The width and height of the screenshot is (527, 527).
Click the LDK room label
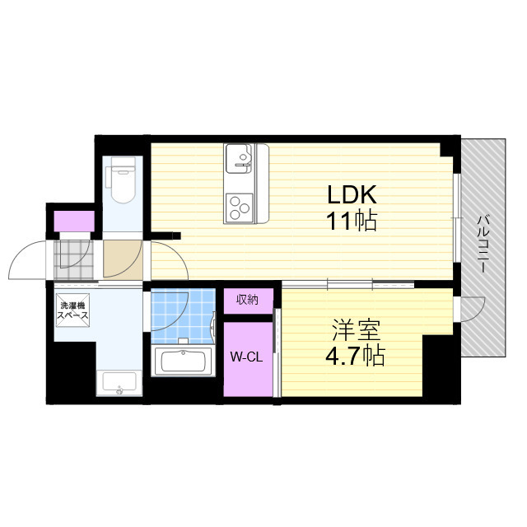point(352,194)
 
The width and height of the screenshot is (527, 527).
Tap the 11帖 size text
point(351,220)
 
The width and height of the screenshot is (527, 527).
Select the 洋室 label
point(357,329)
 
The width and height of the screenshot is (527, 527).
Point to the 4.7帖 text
point(355,356)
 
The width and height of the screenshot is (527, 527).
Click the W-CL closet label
point(246,357)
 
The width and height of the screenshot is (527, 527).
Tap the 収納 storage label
point(247,299)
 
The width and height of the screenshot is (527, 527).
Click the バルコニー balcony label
point(483,245)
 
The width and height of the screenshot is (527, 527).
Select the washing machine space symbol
point(72,310)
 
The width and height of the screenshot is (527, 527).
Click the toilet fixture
point(121,180)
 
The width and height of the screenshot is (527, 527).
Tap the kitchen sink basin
point(239,158)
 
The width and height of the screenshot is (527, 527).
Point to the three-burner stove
point(239,208)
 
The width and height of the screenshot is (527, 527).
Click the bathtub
point(183,361)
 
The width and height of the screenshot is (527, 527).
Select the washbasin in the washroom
point(119,384)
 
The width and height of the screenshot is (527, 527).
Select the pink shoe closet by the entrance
point(74,222)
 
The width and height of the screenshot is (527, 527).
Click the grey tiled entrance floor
point(73,259)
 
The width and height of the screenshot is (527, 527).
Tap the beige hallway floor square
point(123,259)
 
